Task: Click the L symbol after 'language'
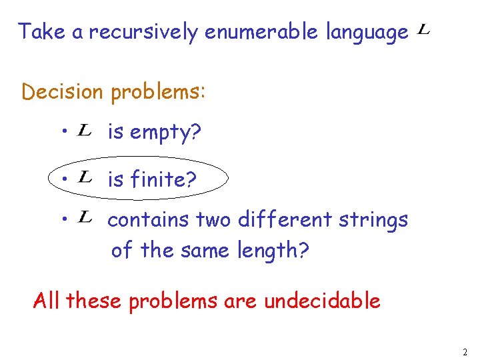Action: [423, 30]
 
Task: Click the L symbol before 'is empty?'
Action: [85, 131]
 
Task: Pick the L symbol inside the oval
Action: [85, 177]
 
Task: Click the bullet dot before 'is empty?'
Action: [61, 132]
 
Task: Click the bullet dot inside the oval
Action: [61, 179]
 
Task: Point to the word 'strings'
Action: [379, 220]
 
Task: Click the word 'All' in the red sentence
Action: [47, 301]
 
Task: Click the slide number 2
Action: [465, 351]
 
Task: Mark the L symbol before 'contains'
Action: [85, 217]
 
